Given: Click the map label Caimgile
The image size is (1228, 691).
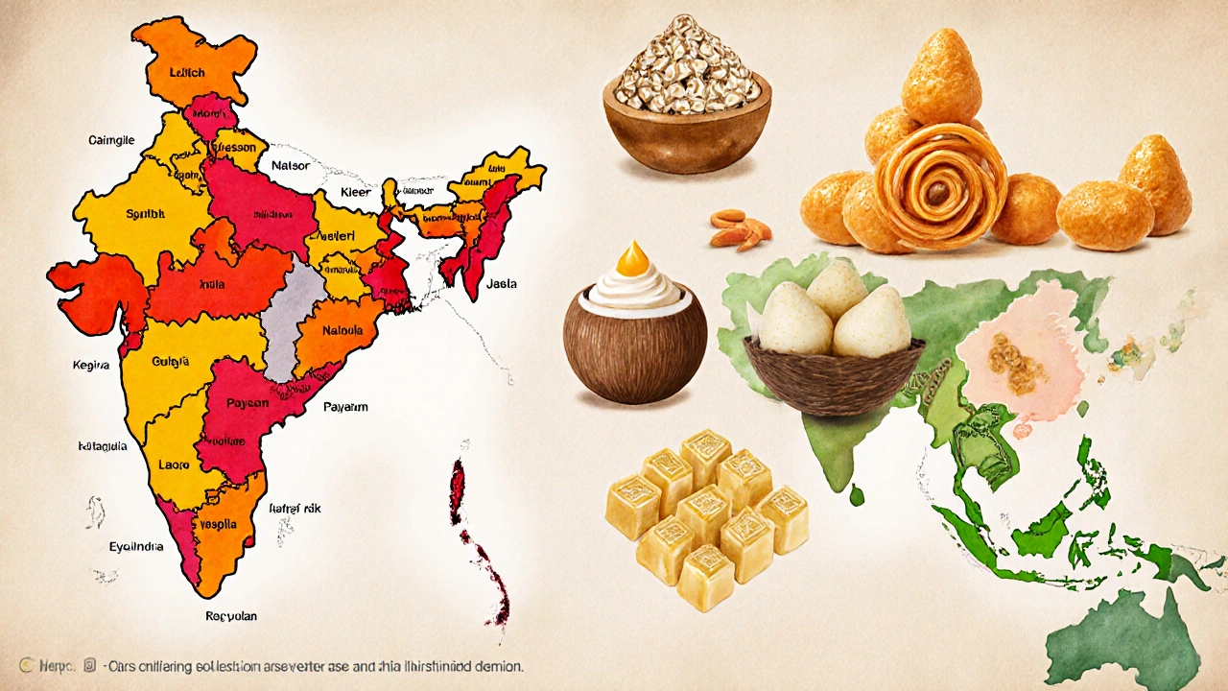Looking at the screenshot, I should pos(111,141).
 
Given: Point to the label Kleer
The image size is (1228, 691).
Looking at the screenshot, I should pos(355,193).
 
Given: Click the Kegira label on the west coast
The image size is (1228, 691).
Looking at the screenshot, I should pos(91,366).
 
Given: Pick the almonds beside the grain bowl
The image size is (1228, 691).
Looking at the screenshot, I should pos(742,227).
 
